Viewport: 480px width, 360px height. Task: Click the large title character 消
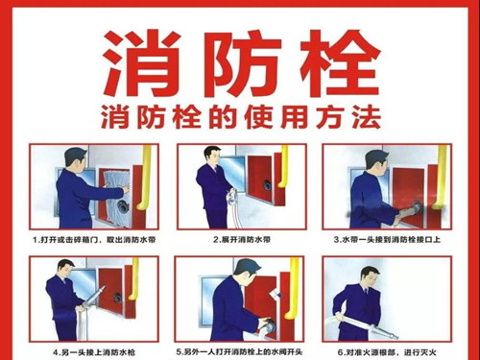click(x=141, y=63)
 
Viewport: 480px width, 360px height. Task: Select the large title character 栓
click(x=340, y=63)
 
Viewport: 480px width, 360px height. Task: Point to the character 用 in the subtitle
click(x=295, y=117)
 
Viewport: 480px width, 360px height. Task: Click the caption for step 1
click(x=94, y=240)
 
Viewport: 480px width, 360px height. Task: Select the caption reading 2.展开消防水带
click(x=242, y=240)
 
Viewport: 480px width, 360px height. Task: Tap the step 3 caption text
click(x=387, y=240)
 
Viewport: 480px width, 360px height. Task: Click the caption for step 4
click(x=94, y=352)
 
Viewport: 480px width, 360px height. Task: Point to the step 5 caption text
click(x=239, y=352)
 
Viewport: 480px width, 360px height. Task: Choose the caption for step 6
click(x=387, y=352)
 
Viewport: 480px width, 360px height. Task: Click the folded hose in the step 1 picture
click(x=116, y=196)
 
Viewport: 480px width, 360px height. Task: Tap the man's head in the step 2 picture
click(x=212, y=156)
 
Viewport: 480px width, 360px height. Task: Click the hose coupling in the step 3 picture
click(x=413, y=209)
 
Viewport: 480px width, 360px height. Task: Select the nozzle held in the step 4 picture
click(x=93, y=297)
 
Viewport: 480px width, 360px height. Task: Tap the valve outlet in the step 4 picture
click(x=117, y=297)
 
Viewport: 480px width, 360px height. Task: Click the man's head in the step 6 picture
click(x=371, y=276)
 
